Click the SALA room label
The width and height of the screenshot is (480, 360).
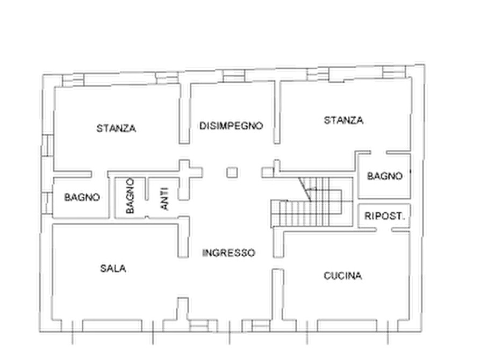113,269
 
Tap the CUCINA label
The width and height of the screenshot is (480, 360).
342,276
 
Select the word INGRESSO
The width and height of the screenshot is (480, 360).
228,253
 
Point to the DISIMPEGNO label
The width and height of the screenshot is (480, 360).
231,126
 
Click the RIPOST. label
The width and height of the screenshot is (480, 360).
384,216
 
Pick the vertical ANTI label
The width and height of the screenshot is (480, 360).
164,199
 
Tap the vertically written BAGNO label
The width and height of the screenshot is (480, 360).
130,196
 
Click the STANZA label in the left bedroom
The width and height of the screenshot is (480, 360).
116,128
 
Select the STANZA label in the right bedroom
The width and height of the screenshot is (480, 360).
343,120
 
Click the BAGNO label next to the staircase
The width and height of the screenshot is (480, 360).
384,176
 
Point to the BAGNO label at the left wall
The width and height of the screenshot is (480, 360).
82,197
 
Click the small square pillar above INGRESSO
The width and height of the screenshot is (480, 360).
232,172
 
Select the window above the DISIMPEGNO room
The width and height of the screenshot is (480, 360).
234,76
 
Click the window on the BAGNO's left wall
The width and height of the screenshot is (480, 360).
47,203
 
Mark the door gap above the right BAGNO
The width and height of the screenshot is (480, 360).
378,153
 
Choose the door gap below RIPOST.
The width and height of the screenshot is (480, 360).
384,229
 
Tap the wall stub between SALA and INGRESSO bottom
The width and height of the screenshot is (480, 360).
183,309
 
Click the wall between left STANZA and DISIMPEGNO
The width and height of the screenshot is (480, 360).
184,113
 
